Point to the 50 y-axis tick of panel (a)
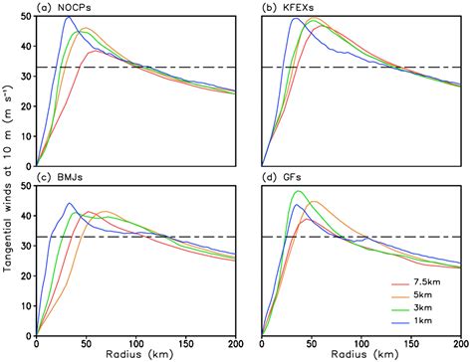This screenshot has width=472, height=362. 27,17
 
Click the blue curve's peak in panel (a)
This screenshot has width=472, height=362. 70,17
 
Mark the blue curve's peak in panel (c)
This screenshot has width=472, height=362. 70,204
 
